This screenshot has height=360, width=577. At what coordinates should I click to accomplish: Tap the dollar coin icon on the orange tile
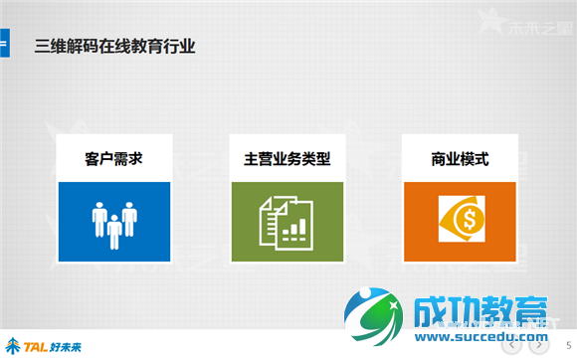point(461,222)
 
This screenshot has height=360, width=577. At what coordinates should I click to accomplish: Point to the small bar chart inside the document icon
point(293,231)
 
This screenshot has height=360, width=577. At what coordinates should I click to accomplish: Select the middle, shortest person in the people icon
point(114,231)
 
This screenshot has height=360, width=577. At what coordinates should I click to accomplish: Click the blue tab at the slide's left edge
point(4,45)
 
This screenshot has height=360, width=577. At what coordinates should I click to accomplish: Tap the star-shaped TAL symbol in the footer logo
point(13,345)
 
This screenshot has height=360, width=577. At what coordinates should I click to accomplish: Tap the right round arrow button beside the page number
point(538,345)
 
